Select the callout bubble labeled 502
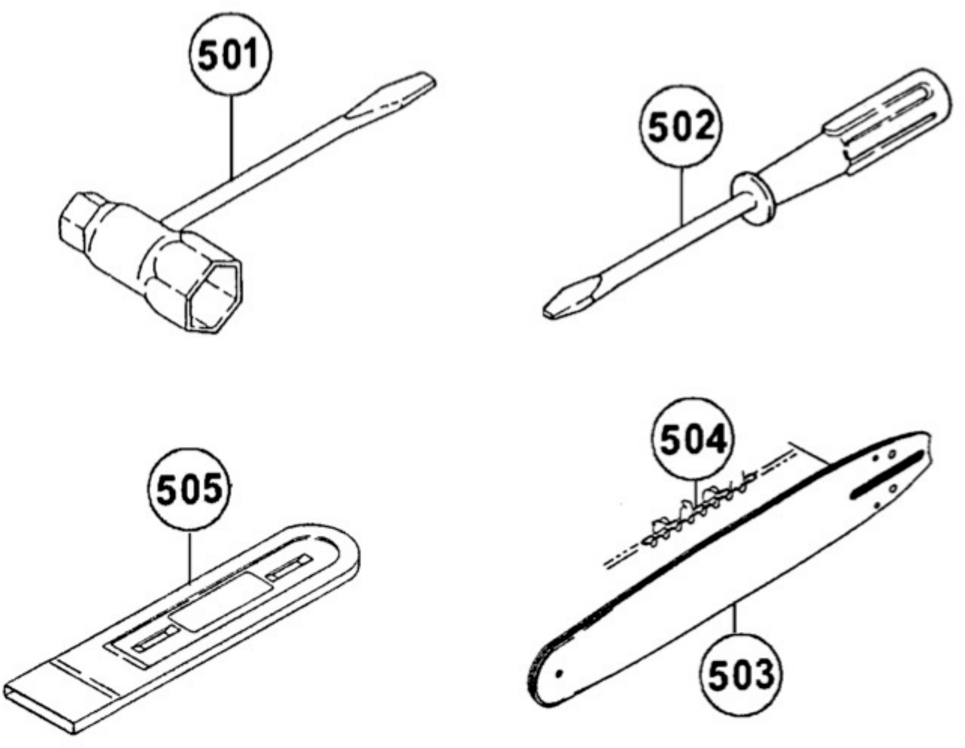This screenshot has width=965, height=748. pyautogui.click(x=681, y=126)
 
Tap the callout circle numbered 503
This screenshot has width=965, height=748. pyautogui.click(x=741, y=675)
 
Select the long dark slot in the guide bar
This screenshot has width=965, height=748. pyautogui.click(x=886, y=475)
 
